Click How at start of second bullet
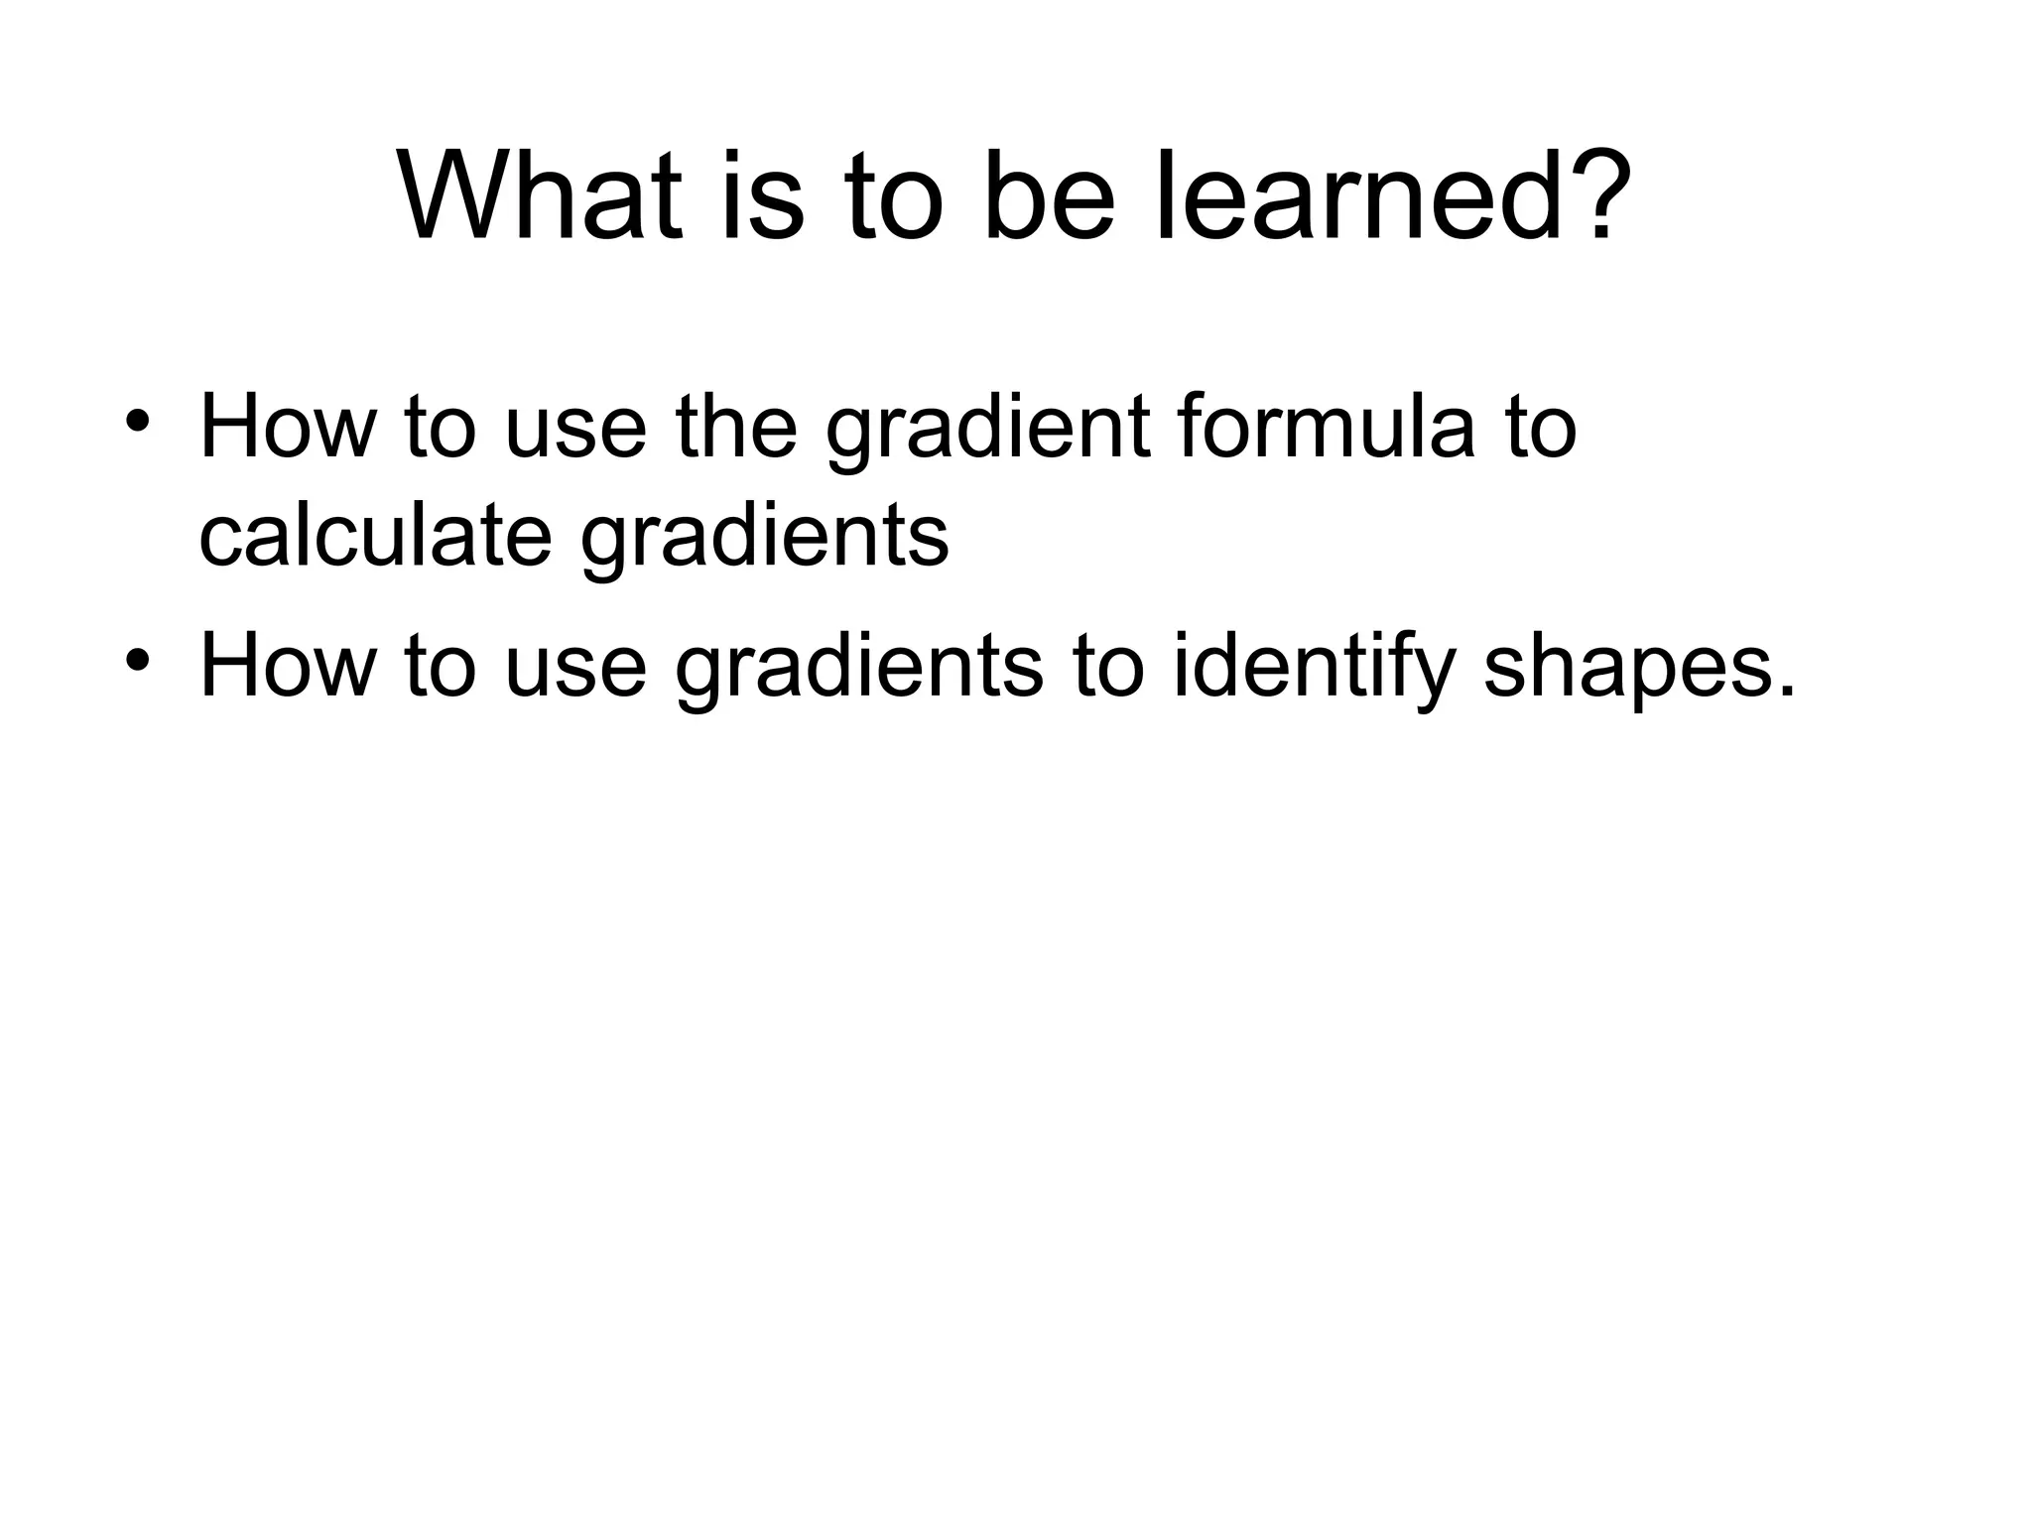click(x=288, y=665)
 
